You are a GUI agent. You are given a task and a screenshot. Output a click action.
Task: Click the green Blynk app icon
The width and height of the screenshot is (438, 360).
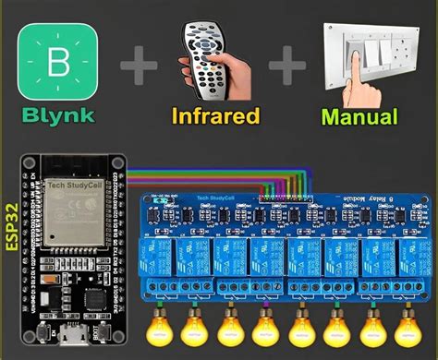tap(57, 62)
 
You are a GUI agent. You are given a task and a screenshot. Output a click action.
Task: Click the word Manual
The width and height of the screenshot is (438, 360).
tap(359, 117)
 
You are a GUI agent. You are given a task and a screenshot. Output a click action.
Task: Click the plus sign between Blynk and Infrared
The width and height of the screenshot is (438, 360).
tap(137, 66)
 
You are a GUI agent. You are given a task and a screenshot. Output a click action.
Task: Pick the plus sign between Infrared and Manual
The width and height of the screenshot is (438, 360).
tap(288, 66)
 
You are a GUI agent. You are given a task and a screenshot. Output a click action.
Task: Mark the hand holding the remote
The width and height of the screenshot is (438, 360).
tap(222, 78)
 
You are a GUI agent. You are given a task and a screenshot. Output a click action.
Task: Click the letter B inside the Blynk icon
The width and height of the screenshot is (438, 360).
tap(57, 62)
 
